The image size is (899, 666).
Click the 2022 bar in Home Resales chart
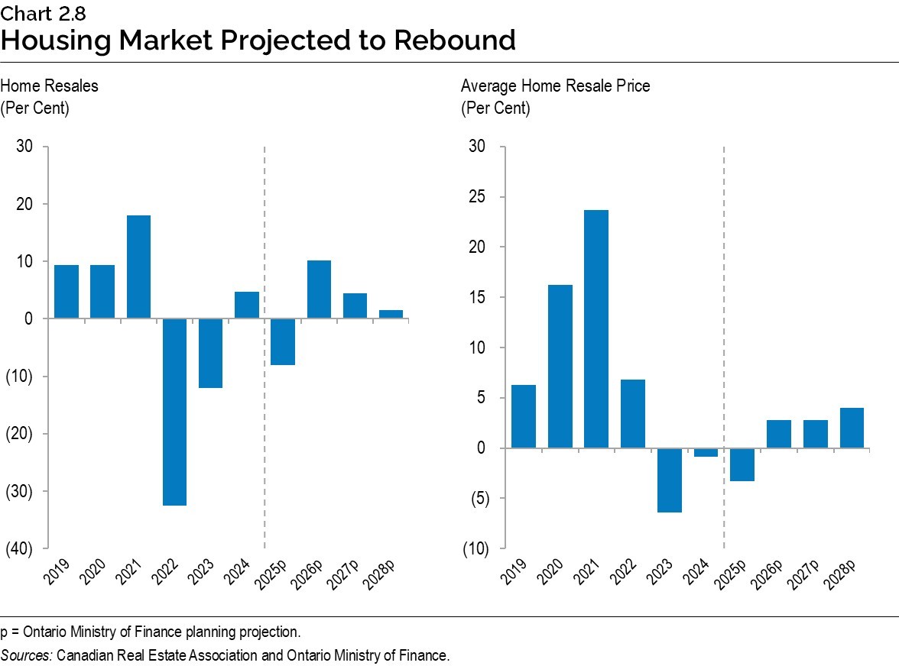click(174, 412)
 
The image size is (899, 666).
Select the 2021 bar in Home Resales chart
click(138, 267)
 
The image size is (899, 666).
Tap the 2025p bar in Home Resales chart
click(283, 341)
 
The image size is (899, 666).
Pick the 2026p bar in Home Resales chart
click(319, 289)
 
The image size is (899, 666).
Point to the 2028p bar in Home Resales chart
click(391, 314)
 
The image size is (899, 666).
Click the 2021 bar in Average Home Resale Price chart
click(596, 328)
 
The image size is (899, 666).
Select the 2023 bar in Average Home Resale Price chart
click(669, 480)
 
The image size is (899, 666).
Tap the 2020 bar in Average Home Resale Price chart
click(560, 366)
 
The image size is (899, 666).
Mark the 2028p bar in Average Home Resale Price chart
click(852, 428)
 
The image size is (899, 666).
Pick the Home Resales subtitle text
click(49, 86)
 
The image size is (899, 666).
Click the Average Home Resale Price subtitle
click(555, 86)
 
